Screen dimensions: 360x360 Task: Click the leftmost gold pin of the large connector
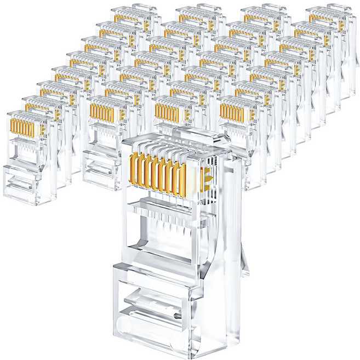tap(132, 173)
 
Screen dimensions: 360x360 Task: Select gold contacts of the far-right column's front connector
tap(231, 112)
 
